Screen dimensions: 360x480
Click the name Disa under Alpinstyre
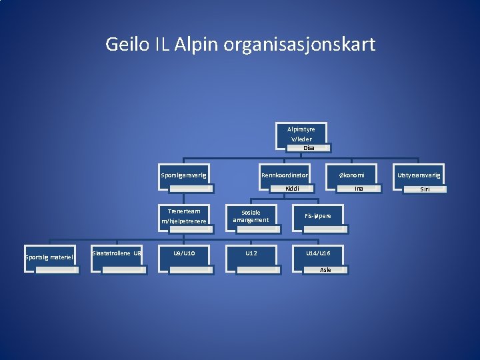pyautogui.click(x=309, y=148)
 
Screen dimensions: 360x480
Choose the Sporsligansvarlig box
pyautogui.click(x=184, y=175)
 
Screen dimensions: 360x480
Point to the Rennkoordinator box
pyautogui.click(x=284, y=175)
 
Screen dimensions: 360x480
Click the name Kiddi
pyautogui.click(x=292, y=189)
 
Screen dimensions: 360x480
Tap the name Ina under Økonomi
pyautogui.click(x=359, y=189)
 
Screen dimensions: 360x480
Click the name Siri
pyautogui.click(x=425, y=189)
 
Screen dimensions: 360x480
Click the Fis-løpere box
pyautogui.click(x=317, y=216)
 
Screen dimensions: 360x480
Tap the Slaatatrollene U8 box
pyautogui.click(x=117, y=254)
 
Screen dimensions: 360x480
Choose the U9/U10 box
pyautogui.click(x=184, y=254)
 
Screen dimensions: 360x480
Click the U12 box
pyautogui.click(x=251, y=254)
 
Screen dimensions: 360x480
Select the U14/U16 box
pyautogui.click(x=317, y=254)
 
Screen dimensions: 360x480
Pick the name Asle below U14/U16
pyautogui.click(x=325, y=270)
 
